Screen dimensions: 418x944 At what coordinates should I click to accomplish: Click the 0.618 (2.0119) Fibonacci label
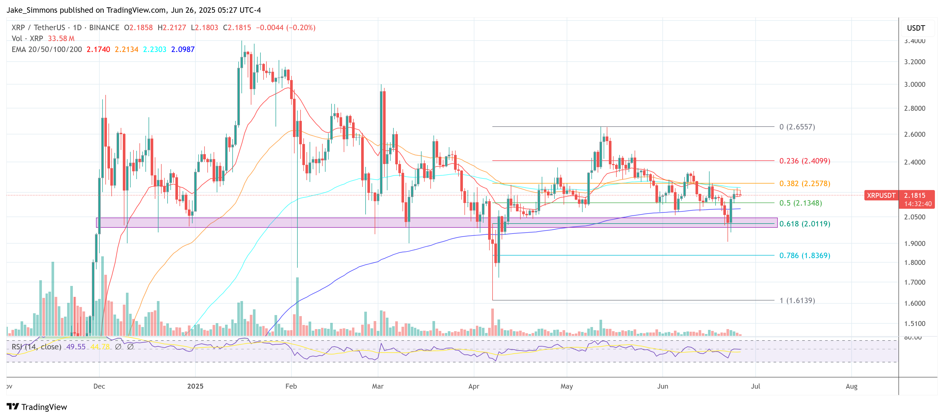coord(804,224)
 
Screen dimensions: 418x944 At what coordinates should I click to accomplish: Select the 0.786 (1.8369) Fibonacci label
coord(804,256)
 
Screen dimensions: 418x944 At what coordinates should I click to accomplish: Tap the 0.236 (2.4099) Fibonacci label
coord(804,161)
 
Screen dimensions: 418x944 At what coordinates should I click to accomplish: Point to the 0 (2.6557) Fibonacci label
coord(797,127)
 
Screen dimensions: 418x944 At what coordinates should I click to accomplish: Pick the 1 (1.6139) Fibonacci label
coord(797,301)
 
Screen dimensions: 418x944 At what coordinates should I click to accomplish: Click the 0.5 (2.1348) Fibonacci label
coord(800,203)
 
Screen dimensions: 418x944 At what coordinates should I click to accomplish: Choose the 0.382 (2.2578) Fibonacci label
coord(804,183)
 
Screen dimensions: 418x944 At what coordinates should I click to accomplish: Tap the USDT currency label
coord(916,28)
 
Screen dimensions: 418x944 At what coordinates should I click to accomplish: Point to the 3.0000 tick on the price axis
coord(915,84)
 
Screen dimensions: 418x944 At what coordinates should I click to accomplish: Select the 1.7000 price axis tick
coord(915,282)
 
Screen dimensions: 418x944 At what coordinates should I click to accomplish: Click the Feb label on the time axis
coord(291,386)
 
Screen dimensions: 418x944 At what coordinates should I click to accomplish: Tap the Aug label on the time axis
coord(851,386)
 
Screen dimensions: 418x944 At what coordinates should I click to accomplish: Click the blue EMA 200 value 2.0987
coord(183,49)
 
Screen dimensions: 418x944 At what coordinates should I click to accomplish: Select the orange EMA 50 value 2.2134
coord(126,49)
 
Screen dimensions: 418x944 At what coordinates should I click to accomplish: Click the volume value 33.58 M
coord(61,38)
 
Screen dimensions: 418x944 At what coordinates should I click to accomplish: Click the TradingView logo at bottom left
coord(37,407)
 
